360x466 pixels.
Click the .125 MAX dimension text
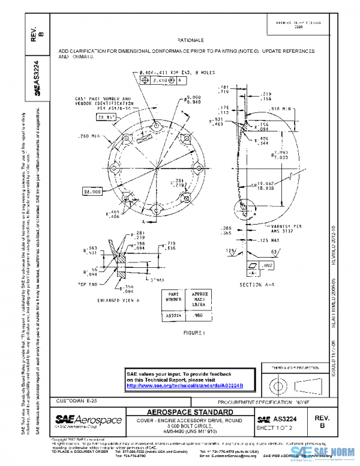[x=256, y=240]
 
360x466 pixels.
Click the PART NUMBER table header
[x=172, y=297]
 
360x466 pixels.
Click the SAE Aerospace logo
[x=88, y=420]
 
